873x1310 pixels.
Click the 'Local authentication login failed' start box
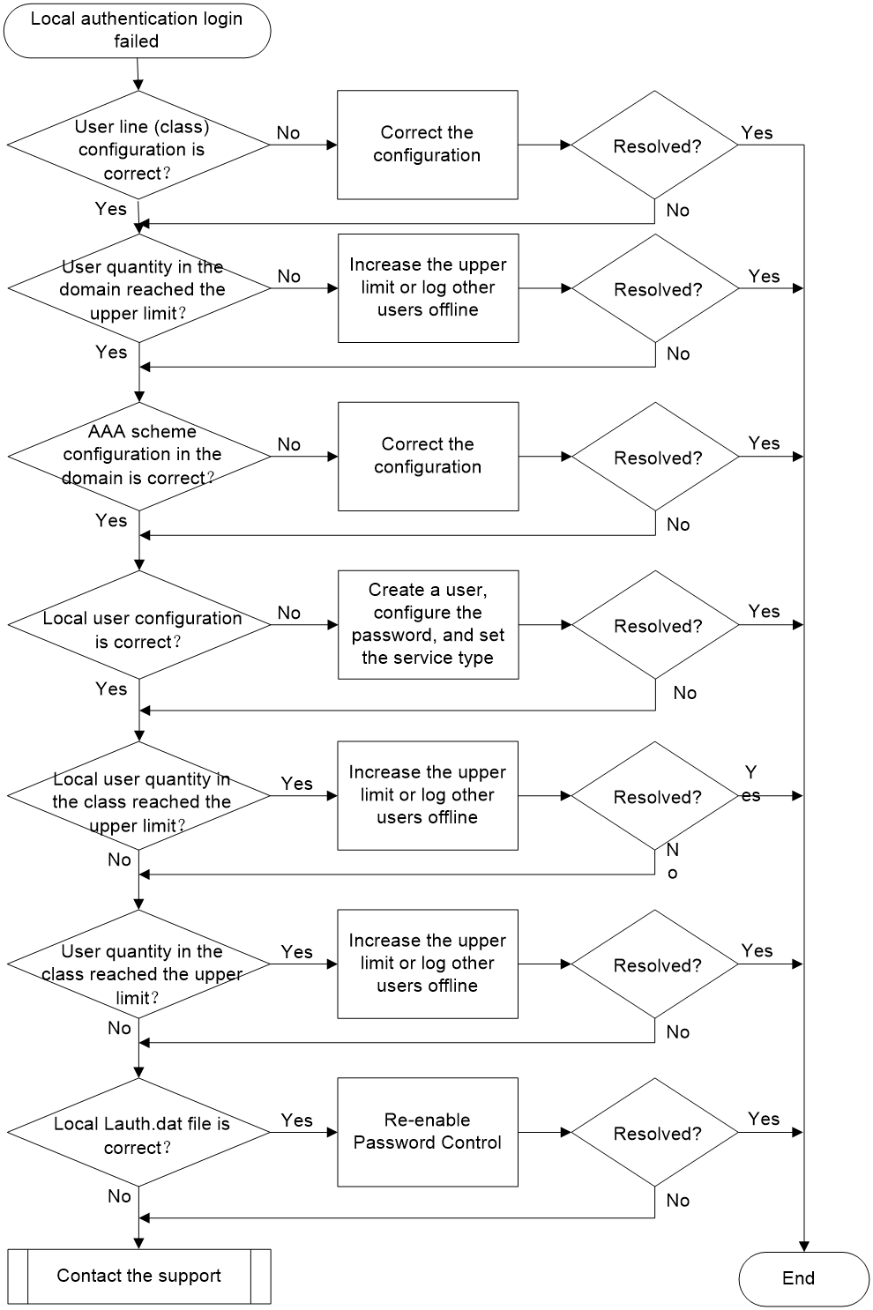point(137,30)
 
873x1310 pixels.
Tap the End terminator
point(804,1278)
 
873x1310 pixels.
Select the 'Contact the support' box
point(139,1277)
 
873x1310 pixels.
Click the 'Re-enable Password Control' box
point(428,1132)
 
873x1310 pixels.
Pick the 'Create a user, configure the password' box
point(429,625)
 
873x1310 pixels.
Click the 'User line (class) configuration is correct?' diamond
point(138,145)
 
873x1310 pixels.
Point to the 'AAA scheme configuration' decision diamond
point(139,456)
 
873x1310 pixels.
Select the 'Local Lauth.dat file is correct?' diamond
point(138,1132)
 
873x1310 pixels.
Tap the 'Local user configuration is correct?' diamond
point(139,625)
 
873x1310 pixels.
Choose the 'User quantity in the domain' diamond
point(139,288)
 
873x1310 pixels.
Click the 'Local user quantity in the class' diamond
point(138,795)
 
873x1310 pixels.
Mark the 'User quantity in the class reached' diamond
point(138,964)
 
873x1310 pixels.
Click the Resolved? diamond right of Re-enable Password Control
point(654,1132)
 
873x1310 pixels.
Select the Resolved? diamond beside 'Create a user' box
point(655,625)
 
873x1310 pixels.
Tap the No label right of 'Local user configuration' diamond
point(289,613)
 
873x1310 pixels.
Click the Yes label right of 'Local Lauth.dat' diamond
point(296,1120)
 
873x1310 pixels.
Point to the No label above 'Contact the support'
point(119,1196)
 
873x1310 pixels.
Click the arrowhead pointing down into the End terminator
point(804,1247)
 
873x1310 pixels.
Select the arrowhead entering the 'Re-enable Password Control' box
point(332,1132)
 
